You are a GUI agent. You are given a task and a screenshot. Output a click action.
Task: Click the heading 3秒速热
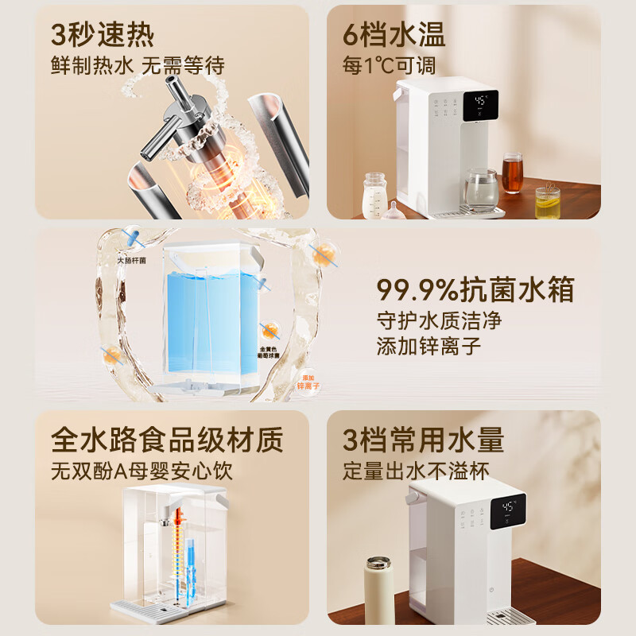[103, 35]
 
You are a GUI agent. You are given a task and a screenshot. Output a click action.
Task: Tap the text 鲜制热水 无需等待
[134, 66]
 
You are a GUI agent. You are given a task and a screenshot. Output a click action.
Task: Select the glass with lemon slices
[547, 202]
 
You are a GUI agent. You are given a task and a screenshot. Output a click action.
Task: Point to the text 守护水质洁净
[440, 321]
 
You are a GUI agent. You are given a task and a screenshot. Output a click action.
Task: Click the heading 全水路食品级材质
[167, 438]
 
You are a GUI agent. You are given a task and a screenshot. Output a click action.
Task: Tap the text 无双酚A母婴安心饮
[142, 470]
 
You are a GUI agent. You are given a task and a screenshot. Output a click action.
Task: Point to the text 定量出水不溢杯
[416, 470]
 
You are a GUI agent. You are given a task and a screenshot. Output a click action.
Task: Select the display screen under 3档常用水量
[508, 511]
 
